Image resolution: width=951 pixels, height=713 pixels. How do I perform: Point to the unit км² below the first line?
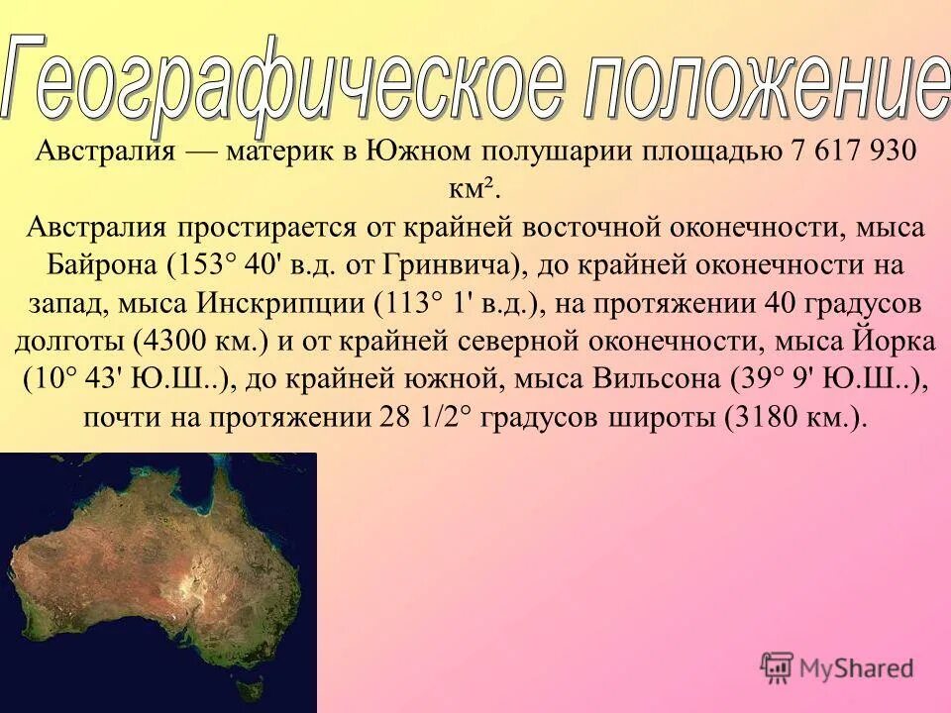tap(475, 188)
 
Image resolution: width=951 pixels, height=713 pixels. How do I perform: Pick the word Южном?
tap(419, 153)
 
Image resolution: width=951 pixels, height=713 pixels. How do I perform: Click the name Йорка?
tap(892, 341)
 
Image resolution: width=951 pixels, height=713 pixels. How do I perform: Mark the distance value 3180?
tap(768, 416)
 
